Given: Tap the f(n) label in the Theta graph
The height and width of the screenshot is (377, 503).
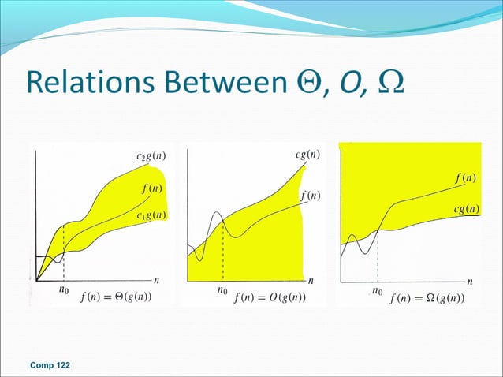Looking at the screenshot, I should point(152,188).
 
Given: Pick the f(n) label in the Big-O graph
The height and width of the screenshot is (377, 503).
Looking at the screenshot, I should point(311,195).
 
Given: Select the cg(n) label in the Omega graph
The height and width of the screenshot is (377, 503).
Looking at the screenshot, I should point(468,209).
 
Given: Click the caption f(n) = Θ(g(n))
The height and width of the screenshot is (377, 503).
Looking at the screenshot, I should point(116,297).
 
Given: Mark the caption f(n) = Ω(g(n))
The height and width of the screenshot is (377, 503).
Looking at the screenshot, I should point(427,298).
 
